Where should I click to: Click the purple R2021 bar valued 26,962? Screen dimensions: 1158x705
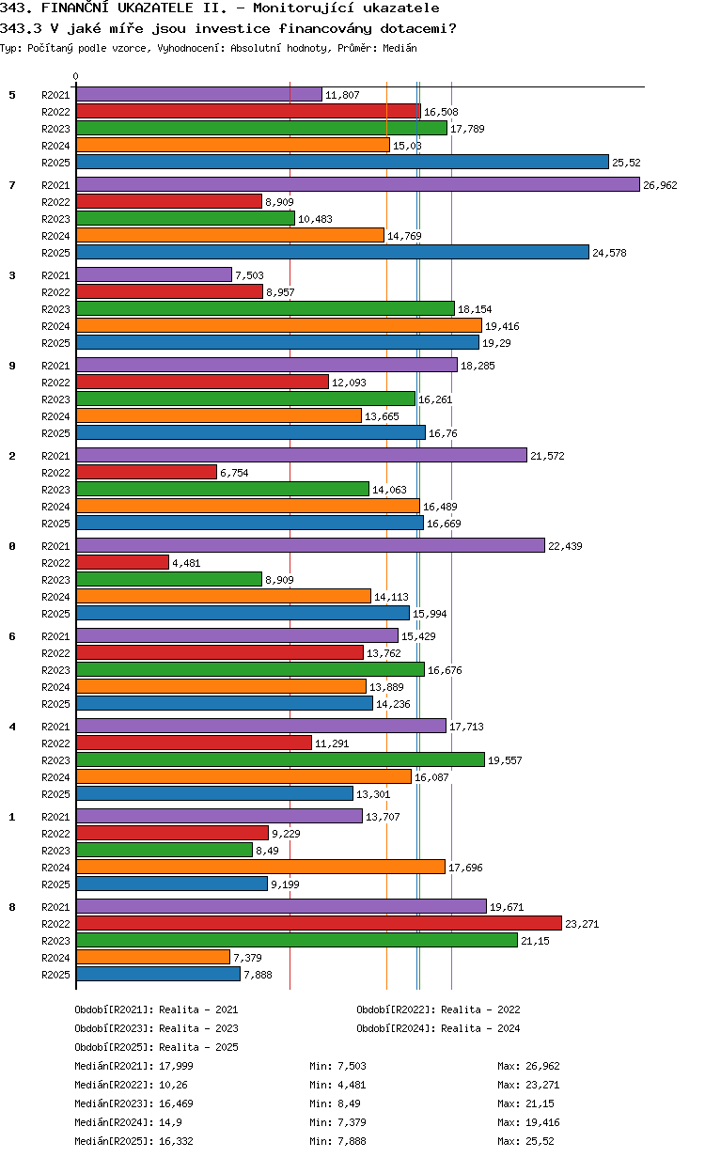(x=357, y=185)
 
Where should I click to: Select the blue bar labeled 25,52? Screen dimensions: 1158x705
(x=342, y=163)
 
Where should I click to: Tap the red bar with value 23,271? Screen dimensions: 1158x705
(x=319, y=924)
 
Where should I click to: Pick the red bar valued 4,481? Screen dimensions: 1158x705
(x=122, y=563)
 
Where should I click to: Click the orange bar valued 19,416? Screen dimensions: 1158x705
(x=278, y=326)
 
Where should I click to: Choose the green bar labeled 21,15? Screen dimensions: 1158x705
(x=296, y=941)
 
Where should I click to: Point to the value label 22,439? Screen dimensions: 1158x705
(x=565, y=546)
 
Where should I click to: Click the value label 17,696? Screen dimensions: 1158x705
(x=465, y=868)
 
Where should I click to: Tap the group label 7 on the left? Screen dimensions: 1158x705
(x=12, y=185)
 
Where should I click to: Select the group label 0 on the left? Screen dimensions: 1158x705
(x=12, y=546)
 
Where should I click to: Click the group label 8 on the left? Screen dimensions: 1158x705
(x=12, y=907)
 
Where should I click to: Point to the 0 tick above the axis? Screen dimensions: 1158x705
(x=76, y=77)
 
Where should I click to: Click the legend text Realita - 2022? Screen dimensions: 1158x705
(x=480, y=1009)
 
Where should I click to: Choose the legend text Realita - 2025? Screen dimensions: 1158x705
(x=198, y=1047)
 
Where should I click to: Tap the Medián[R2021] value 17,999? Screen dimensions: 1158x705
(x=176, y=1066)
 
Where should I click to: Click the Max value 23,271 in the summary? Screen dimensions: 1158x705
(x=540, y=1085)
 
